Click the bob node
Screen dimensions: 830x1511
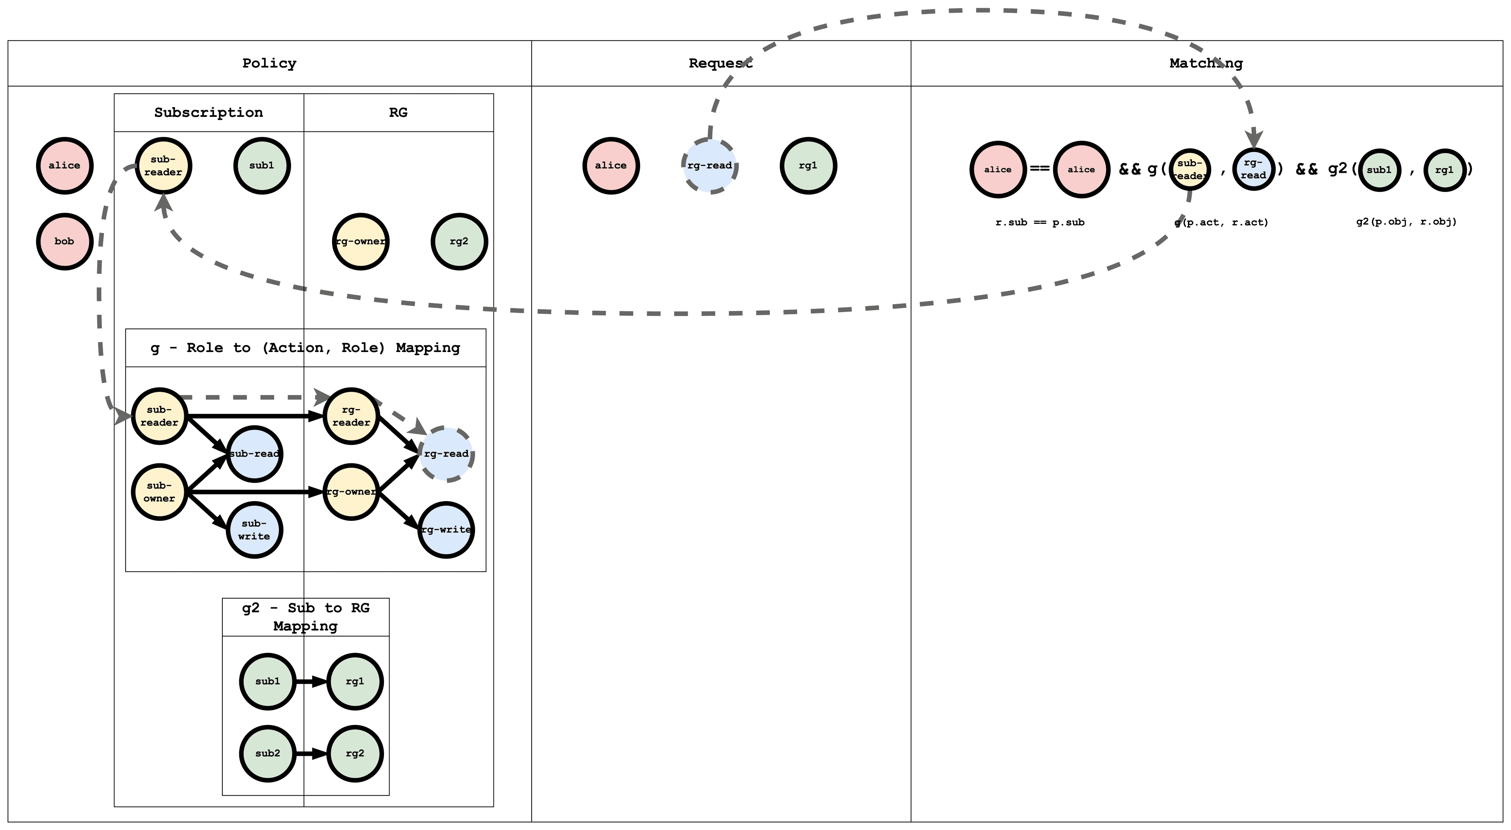coord(65,241)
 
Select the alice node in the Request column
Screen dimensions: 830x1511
coord(611,166)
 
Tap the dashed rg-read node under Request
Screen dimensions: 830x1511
coord(710,166)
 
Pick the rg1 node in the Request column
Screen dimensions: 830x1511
coord(808,166)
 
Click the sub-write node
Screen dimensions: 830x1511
coord(254,530)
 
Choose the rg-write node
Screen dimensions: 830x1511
coord(446,530)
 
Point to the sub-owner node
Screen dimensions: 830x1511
coord(159,492)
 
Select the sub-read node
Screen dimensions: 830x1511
coord(254,454)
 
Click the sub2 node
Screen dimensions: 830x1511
coord(268,753)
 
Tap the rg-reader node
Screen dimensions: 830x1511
coord(351,416)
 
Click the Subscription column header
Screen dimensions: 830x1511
coord(208,113)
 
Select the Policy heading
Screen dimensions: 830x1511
coord(269,63)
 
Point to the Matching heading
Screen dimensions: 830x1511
coord(1205,63)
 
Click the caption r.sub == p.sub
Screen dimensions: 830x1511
coord(1039,222)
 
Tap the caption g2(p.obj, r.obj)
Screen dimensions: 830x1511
coord(1406,222)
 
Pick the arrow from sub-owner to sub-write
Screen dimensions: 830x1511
coord(206,510)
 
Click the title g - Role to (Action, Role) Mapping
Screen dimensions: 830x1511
coord(305,348)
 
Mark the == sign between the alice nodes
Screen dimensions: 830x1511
coord(1039,168)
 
